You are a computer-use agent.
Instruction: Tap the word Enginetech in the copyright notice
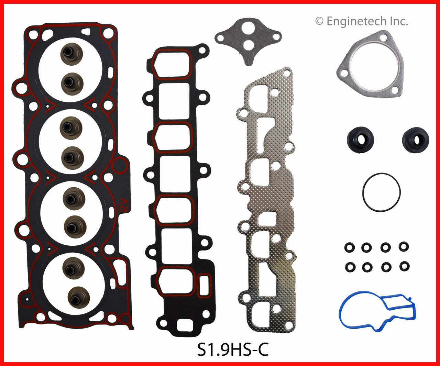pyautogui.click(x=356, y=21)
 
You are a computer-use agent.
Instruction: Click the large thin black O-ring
pyautogui.click(x=381, y=192)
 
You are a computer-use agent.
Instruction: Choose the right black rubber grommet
pyautogui.click(x=415, y=140)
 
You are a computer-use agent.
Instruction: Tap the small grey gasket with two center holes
pyautogui.click(x=248, y=38)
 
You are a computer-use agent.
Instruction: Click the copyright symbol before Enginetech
pyautogui.click(x=319, y=21)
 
